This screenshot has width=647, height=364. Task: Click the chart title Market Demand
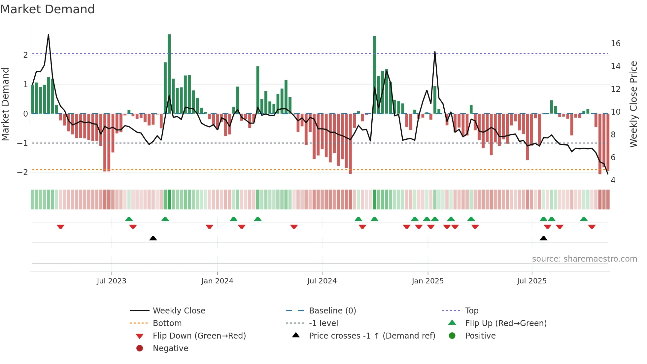48,9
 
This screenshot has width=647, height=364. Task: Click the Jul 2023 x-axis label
112,281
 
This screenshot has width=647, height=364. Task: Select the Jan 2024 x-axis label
217,281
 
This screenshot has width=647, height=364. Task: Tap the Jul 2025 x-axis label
532,281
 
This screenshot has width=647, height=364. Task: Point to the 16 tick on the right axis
615,44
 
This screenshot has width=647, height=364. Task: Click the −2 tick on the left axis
23,172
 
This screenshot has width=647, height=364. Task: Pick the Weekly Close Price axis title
633,104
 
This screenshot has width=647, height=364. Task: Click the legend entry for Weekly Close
179,311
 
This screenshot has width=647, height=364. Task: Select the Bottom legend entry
167,323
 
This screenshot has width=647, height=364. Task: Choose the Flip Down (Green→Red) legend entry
199,336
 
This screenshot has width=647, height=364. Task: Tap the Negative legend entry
170,348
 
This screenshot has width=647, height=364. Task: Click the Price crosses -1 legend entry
372,336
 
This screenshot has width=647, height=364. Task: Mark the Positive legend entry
480,336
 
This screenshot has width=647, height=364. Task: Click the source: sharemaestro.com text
584,259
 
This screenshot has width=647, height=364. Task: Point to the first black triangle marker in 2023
153,238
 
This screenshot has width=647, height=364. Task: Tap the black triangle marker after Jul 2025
543,238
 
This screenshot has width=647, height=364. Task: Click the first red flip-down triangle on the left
60,227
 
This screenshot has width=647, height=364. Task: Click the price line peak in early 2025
435,52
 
